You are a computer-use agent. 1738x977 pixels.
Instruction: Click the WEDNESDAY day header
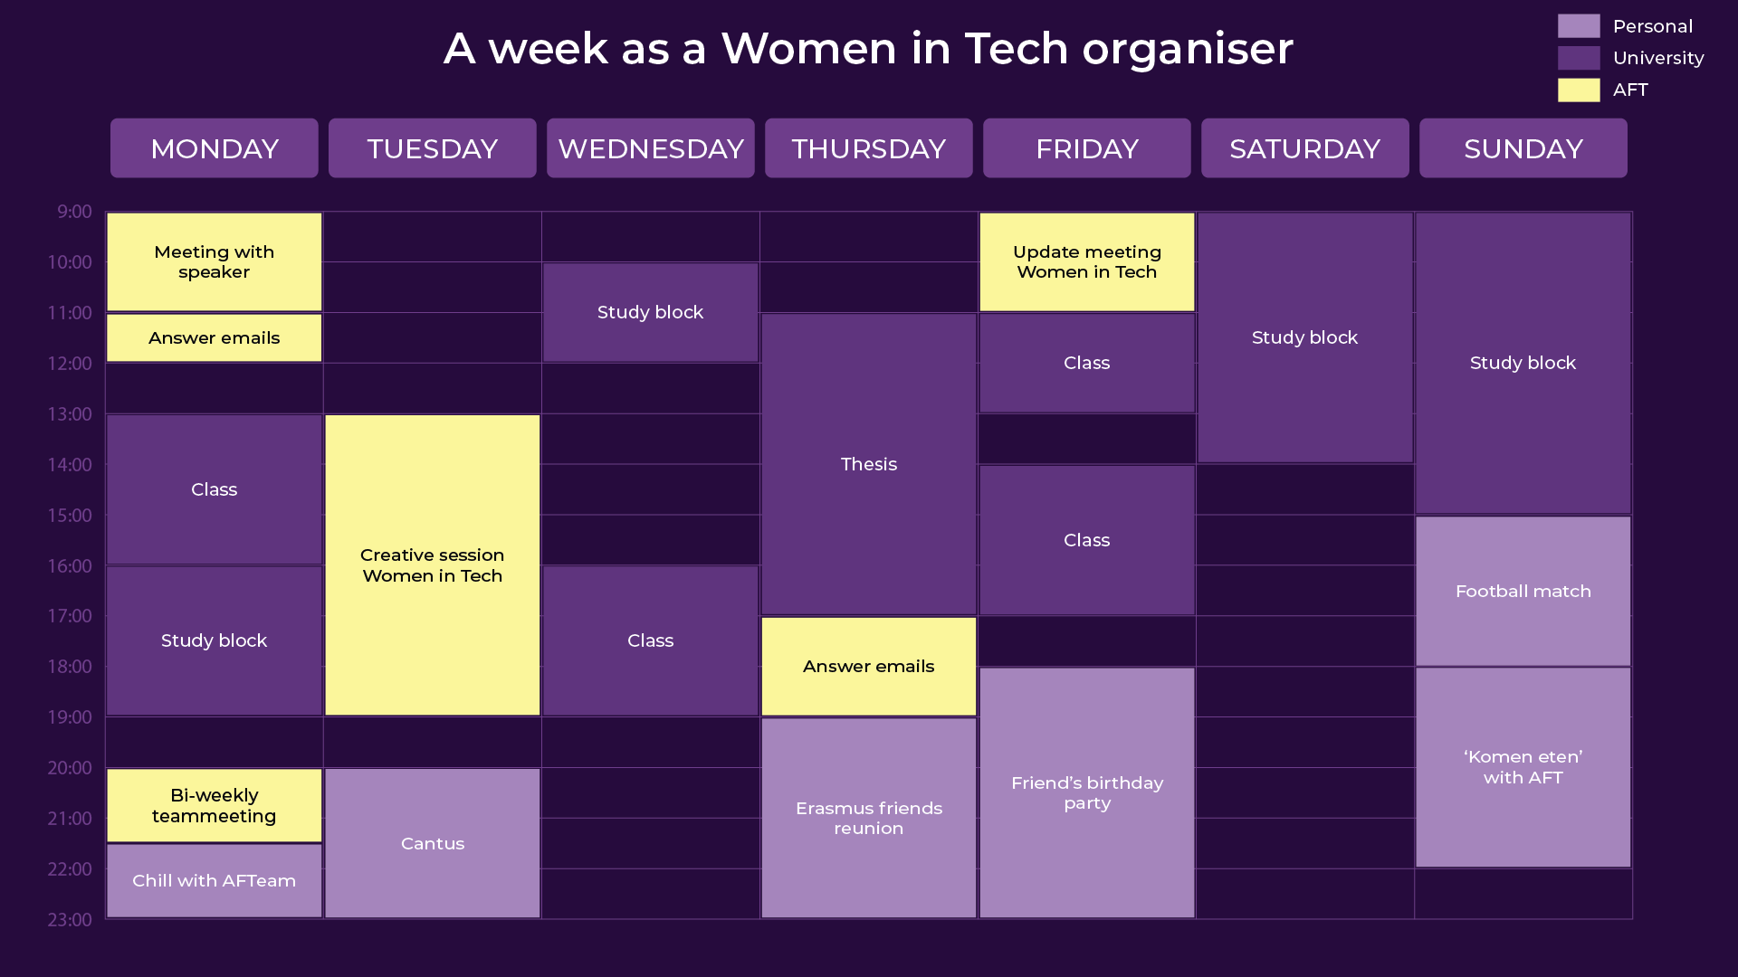click(x=650, y=148)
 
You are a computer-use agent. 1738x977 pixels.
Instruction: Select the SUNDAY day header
click(x=1523, y=148)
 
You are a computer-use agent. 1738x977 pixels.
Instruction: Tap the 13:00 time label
click(x=70, y=414)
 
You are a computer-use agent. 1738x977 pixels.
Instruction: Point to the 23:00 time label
click(x=70, y=920)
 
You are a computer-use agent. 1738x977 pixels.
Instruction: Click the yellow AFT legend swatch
click(x=1579, y=90)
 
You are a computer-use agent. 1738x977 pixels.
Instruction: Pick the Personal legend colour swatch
click(x=1579, y=26)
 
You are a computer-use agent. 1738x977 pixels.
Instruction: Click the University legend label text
click(x=1658, y=58)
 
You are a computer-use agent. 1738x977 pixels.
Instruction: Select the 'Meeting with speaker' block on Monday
click(x=215, y=262)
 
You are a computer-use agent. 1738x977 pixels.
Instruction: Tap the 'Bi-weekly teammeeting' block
click(x=215, y=805)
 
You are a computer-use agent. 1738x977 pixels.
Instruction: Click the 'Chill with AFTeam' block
click(x=215, y=880)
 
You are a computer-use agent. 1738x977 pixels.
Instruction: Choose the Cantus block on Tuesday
click(x=433, y=843)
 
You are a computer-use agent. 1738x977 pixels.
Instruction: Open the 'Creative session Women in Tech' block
click(x=433, y=565)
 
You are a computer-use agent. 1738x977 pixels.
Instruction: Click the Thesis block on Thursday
click(x=869, y=464)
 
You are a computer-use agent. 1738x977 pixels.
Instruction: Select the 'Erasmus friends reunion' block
click(x=869, y=818)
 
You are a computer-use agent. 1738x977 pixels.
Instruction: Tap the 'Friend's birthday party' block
click(x=1087, y=792)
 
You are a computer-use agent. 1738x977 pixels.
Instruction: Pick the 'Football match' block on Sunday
click(x=1523, y=591)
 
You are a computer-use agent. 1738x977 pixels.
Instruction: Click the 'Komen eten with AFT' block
click(x=1523, y=767)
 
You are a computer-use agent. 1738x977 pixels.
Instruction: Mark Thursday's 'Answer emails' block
click(x=869, y=666)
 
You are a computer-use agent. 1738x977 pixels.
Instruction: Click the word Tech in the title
click(x=1017, y=48)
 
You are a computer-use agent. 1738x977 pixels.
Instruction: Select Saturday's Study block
click(x=1305, y=337)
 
